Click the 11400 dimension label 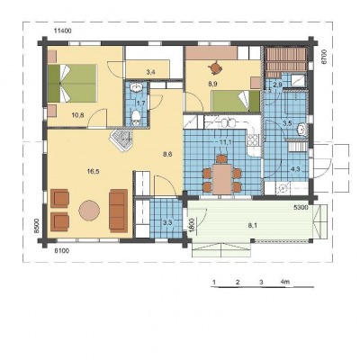point(62,31)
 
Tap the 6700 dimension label point(323,57)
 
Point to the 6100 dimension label point(61,251)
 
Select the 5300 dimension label point(301,207)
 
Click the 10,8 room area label point(77,115)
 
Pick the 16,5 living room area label point(94,171)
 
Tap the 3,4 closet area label point(151,72)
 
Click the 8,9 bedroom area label point(212,85)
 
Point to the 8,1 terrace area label point(253,226)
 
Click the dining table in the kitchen point(222,179)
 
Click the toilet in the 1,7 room point(136,117)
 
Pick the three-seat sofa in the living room point(118,211)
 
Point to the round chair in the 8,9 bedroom point(215,67)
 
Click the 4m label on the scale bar point(285,282)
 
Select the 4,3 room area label point(295,169)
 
